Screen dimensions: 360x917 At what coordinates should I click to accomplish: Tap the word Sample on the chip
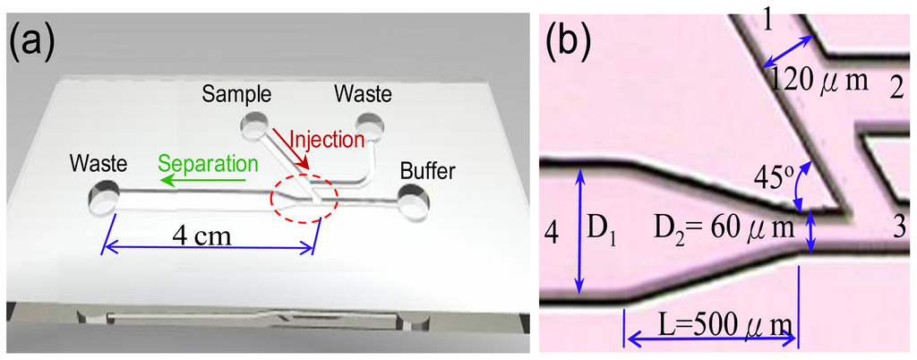click(230, 93)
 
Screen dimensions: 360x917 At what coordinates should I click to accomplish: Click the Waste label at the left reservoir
click(100, 164)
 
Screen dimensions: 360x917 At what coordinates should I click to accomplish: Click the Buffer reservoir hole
click(414, 201)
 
